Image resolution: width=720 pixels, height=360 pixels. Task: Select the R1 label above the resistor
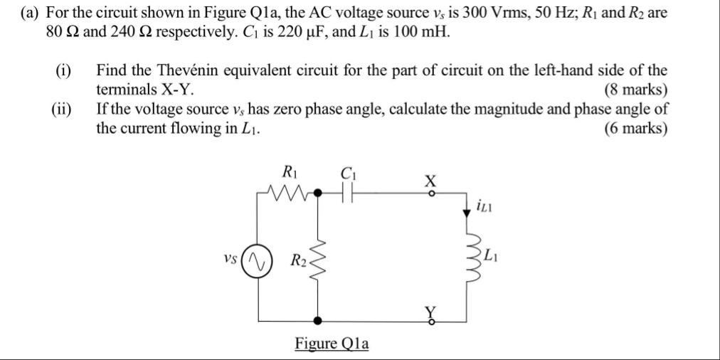(x=290, y=171)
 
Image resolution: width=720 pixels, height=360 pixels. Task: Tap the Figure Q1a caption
(x=332, y=344)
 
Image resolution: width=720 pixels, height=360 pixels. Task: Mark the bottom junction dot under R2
(x=319, y=320)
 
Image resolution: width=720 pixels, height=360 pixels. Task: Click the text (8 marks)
(x=635, y=90)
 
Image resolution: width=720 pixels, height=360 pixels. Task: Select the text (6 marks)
(x=635, y=129)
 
